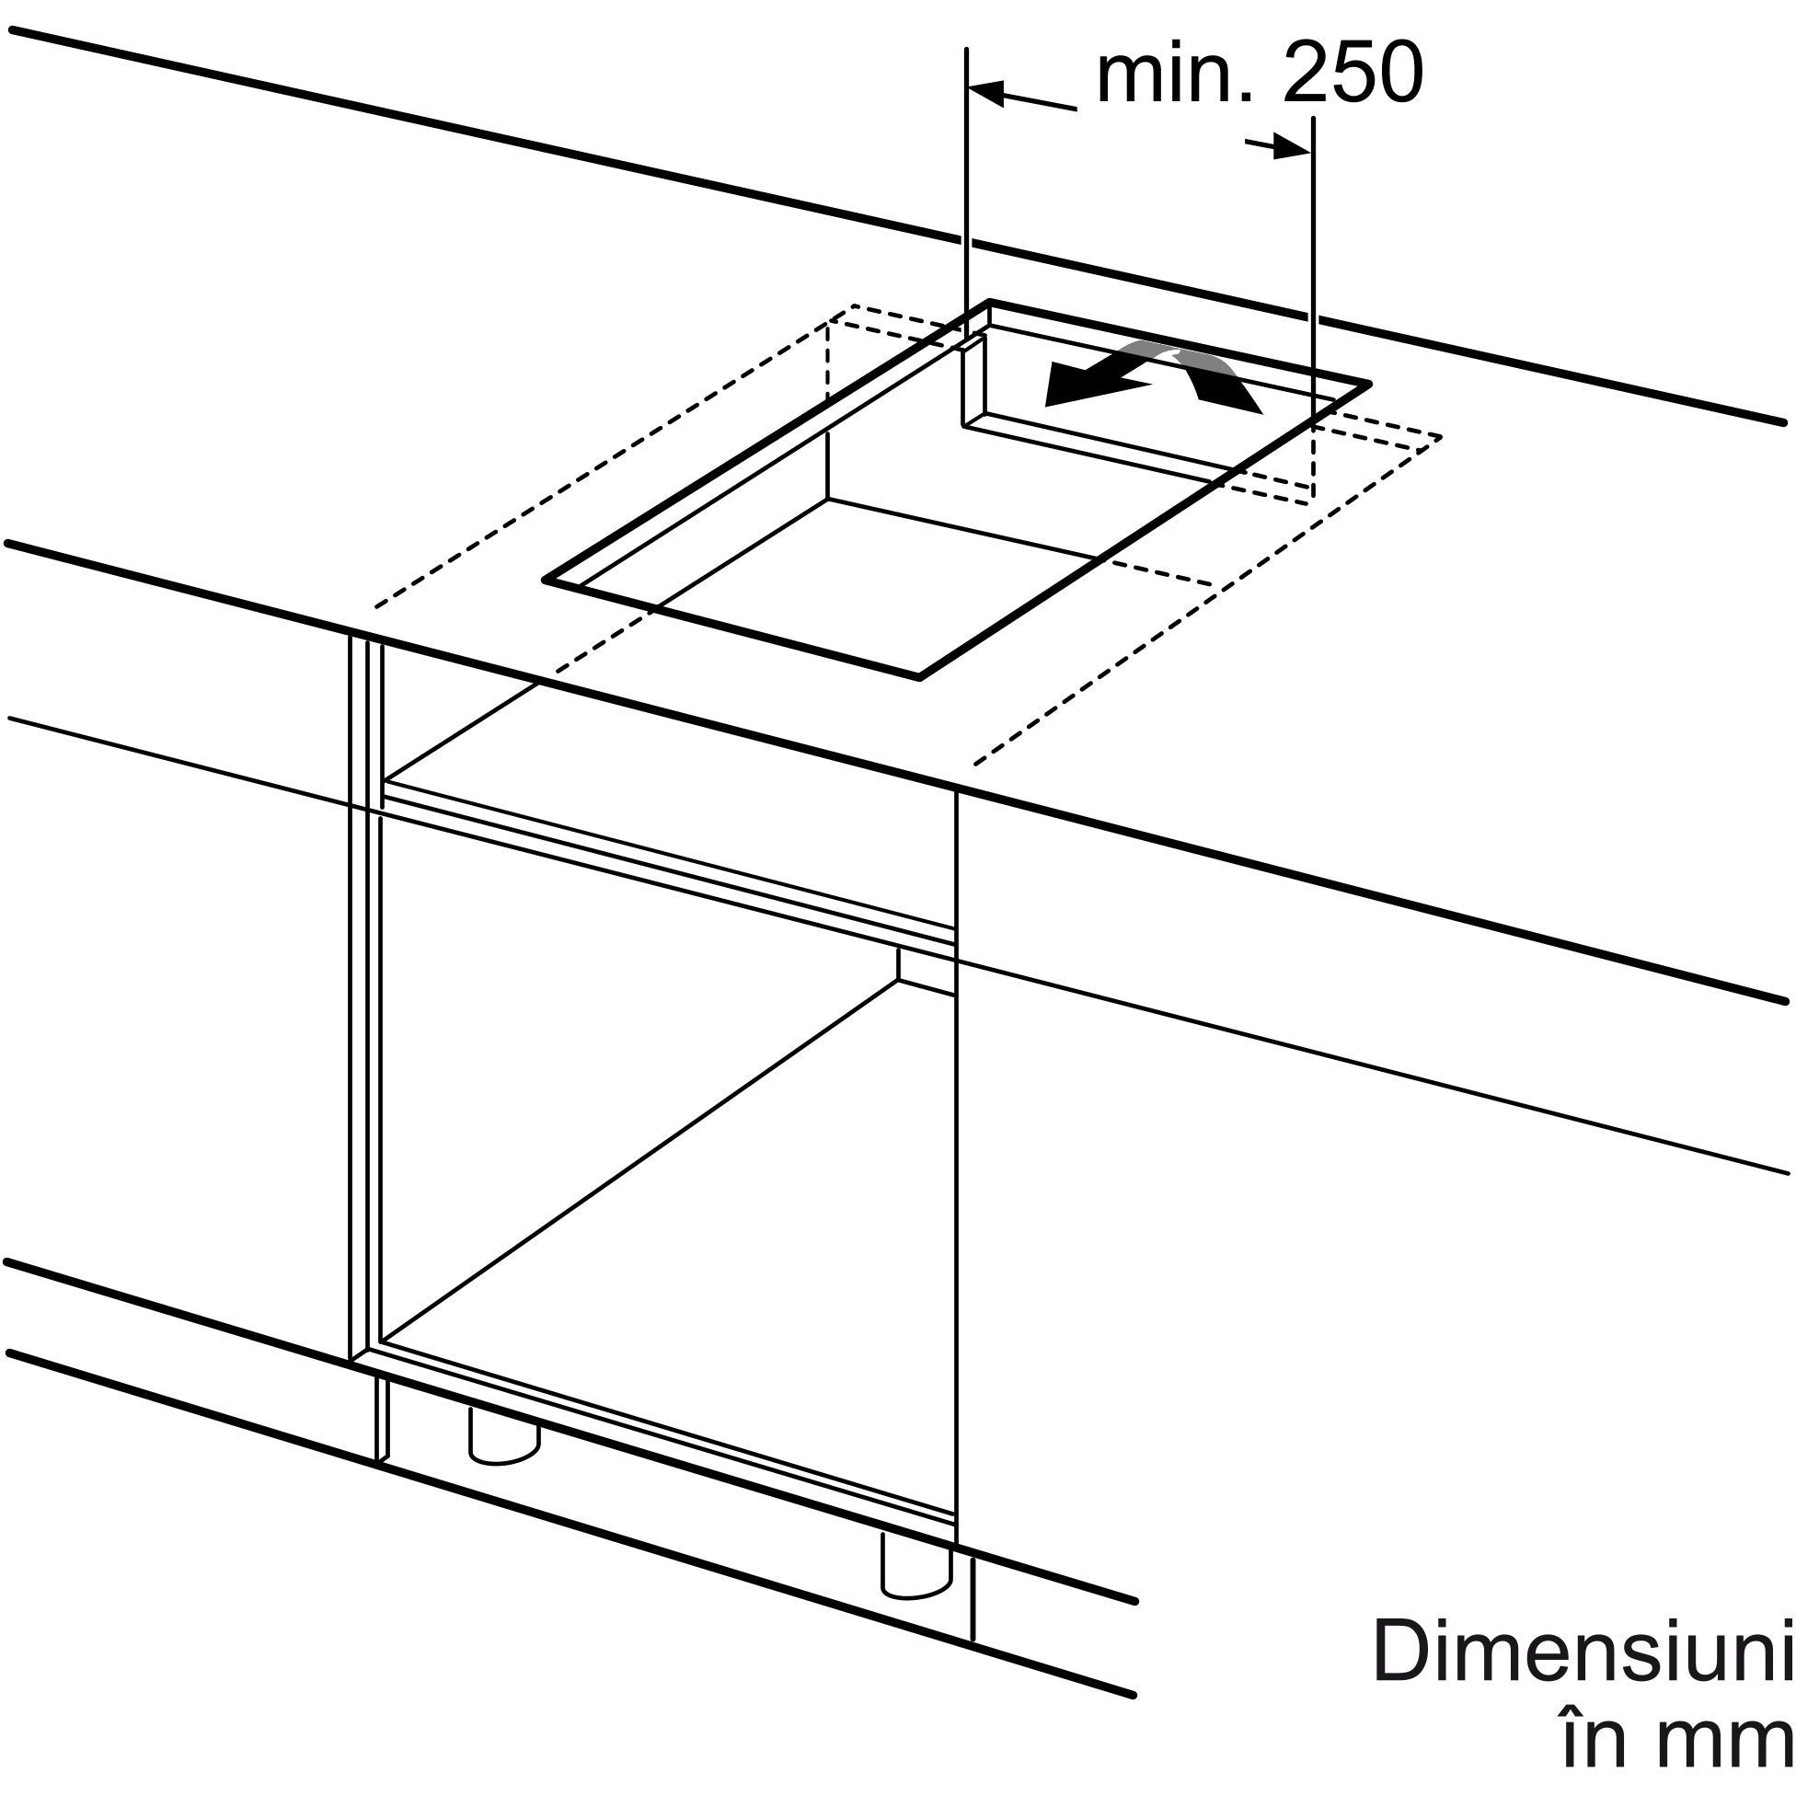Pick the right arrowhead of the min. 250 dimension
pos(1293,148)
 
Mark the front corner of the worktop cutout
pos(919,676)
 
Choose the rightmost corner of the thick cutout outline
pos(1369,384)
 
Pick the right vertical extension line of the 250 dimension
pos(1313,270)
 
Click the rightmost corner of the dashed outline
pos(1440,437)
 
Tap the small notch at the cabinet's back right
pos(927,970)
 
